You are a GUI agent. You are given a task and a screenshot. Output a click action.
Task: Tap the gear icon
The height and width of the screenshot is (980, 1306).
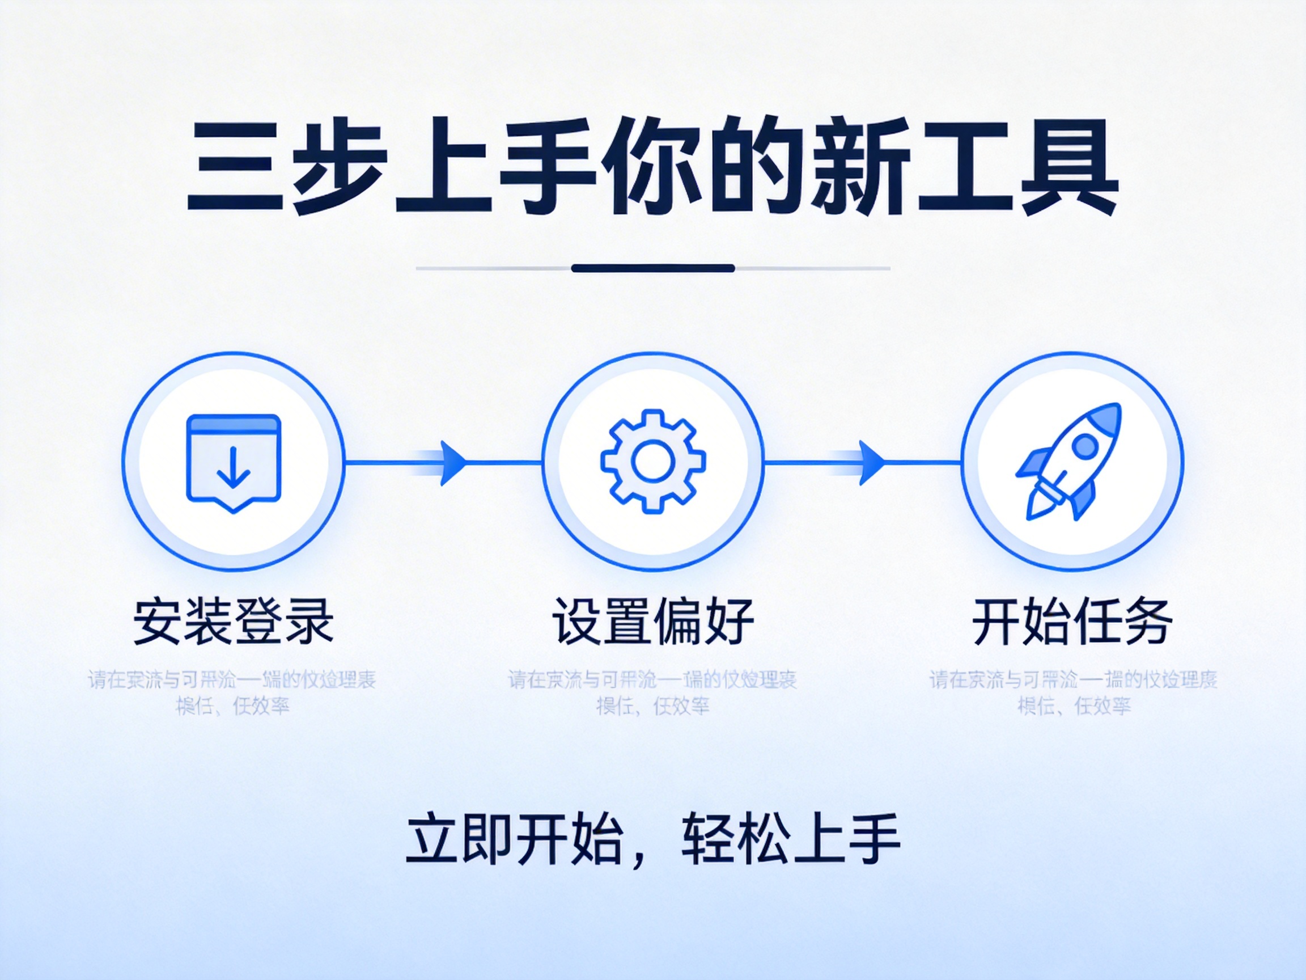[x=652, y=461]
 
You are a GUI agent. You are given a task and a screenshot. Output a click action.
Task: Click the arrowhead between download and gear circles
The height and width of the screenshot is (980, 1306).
[x=453, y=463]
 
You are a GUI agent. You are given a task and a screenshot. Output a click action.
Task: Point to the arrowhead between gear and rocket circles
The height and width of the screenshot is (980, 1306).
[x=871, y=463]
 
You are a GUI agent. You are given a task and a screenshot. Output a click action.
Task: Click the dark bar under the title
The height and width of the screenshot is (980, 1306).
[x=652, y=268]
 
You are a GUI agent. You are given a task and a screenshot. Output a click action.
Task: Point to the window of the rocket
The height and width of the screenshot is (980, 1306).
[x=1085, y=445]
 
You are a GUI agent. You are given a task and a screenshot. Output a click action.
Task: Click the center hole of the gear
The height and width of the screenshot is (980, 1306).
[x=652, y=461]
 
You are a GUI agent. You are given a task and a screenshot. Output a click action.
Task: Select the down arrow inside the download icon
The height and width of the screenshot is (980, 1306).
[x=234, y=468]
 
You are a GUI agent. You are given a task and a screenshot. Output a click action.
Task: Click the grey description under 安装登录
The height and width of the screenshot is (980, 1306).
[x=232, y=692]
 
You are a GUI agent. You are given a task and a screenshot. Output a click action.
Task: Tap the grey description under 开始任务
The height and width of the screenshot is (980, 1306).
[x=1074, y=692]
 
